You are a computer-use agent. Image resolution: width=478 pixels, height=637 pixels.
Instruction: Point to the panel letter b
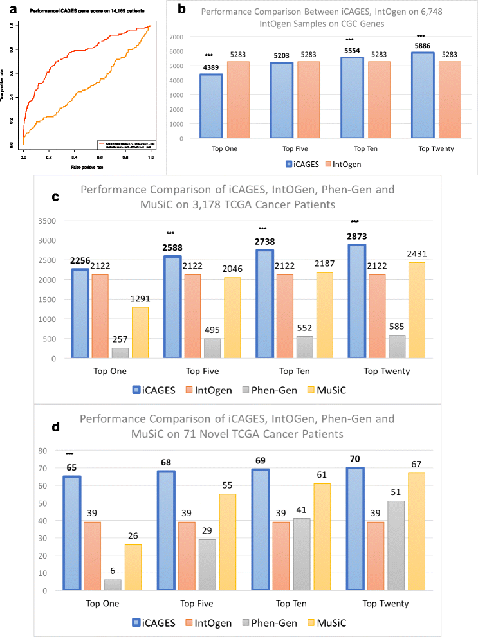tap(181, 10)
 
